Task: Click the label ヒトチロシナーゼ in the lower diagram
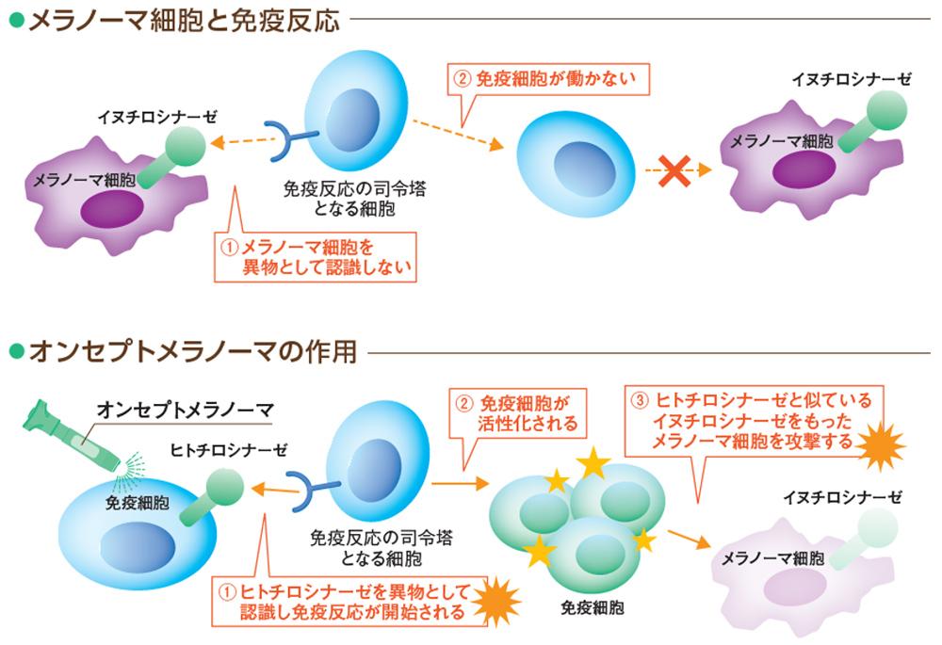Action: [x=218, y=450]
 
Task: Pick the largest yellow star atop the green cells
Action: [x=593, y=463]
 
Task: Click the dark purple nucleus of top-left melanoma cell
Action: [x=111, y=209]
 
